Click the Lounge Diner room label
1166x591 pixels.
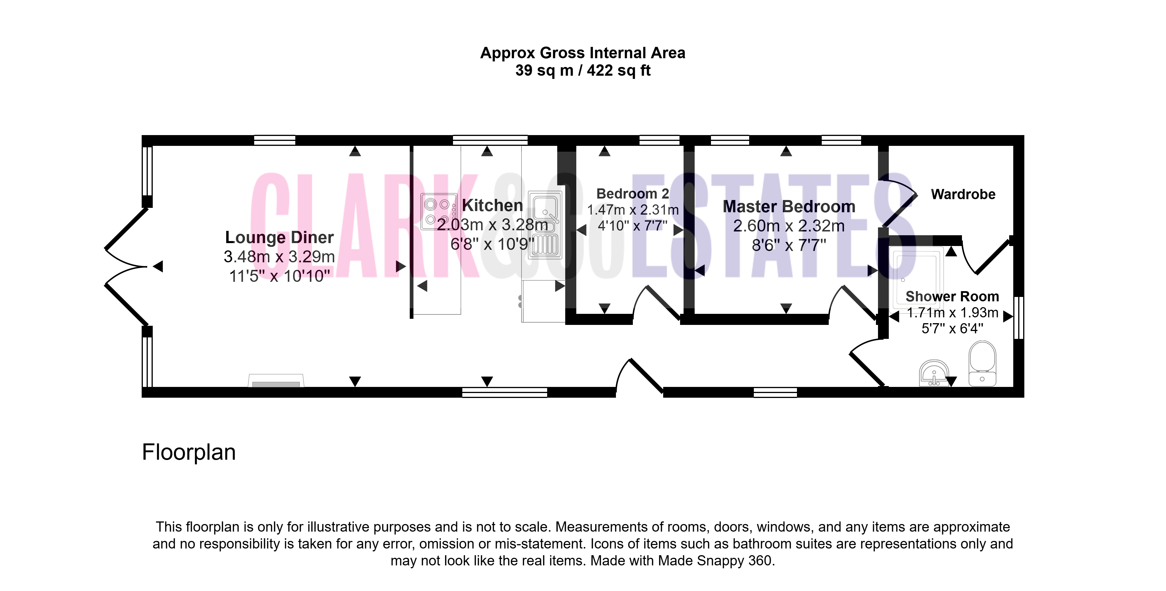279,237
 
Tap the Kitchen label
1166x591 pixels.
492,205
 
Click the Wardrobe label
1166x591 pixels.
963,194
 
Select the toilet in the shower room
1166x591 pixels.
982,363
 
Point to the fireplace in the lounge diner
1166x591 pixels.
276,381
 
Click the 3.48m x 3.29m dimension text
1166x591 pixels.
279,257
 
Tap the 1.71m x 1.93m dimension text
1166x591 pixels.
952,312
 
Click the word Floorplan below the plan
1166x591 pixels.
189,452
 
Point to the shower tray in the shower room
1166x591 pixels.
916,278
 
